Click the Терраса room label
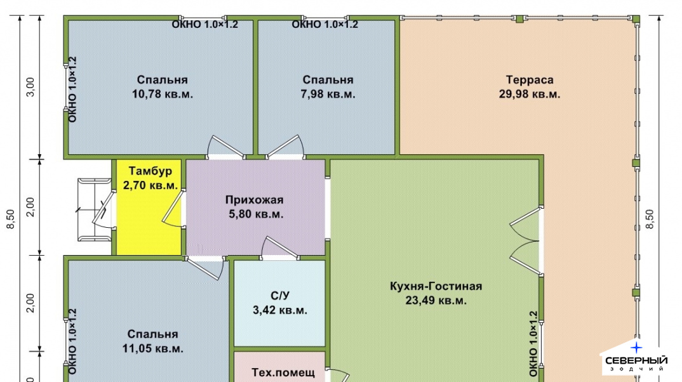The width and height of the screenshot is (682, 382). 530,80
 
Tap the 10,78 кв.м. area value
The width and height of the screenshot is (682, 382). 162,94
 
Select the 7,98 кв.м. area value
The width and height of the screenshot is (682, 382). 328,94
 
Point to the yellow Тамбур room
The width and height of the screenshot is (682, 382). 149,207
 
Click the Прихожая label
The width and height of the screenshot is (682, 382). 254,200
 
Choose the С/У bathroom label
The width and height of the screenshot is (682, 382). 279,296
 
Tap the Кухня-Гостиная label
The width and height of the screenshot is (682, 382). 436,286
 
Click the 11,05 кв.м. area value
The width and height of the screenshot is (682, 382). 152,348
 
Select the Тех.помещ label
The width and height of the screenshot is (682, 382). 283,372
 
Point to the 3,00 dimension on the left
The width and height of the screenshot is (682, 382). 30,87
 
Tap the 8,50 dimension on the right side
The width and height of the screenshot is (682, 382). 650,220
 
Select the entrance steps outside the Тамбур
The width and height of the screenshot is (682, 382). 95,209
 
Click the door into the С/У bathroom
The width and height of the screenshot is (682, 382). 279,248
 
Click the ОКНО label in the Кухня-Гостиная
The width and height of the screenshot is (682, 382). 533,344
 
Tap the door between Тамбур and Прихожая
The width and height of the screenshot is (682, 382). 173,209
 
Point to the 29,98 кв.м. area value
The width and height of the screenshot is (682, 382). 530,94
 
